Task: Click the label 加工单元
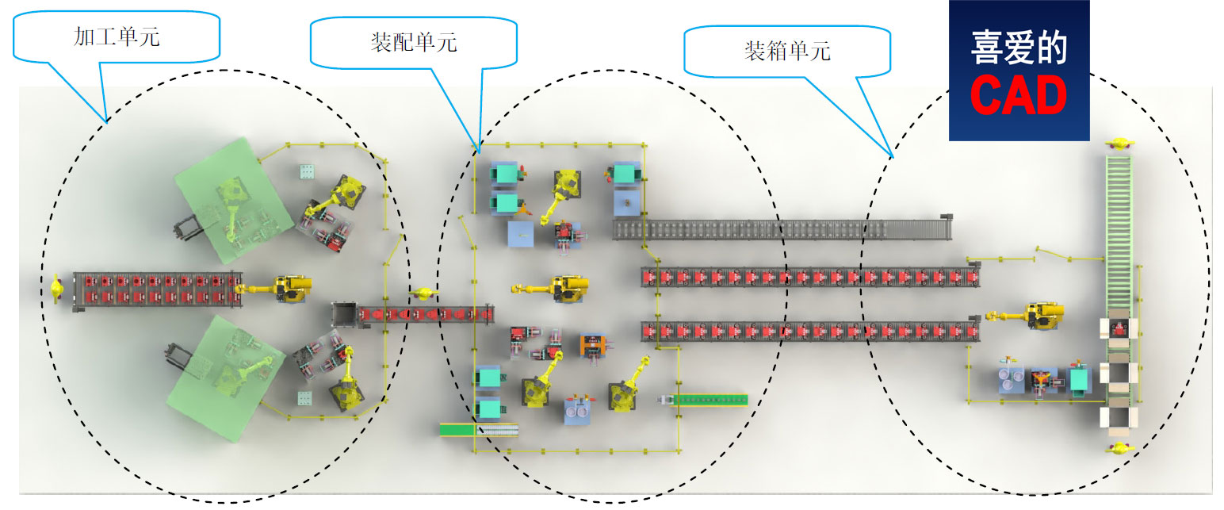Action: click(117, 36)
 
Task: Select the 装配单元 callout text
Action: click(413, 43)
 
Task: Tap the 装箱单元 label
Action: click(786, 51)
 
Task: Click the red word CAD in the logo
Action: click(1019, 96)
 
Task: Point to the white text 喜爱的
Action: click(1019, 47)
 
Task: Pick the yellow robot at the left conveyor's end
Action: click(285, 288)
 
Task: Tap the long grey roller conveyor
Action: click(781, 229)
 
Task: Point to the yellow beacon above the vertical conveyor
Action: click(1119, 143)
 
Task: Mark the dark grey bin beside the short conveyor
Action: click(345, 314)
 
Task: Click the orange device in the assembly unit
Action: click(591, 345)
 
